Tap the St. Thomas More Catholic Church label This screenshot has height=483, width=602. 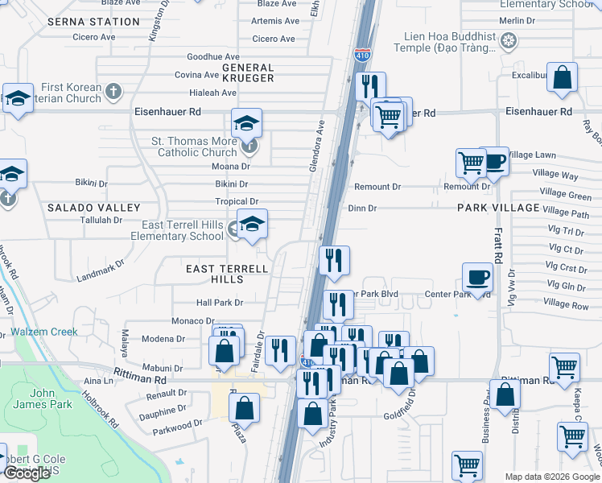[x=195, y=147]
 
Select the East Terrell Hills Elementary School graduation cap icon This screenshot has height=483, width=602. [x=252, y=224]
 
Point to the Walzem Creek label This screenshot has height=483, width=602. [x=44, y=332]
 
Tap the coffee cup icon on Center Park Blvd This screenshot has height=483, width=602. [x=478, y=277]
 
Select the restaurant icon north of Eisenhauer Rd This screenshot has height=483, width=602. [x=370, y=86]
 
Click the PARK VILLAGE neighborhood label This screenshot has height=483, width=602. [x=497, y=208]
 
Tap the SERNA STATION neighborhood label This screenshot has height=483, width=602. [x=93, y=22]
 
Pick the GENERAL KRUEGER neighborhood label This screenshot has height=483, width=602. [x=248, y=73]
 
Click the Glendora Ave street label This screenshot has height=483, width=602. [x=315, y=146]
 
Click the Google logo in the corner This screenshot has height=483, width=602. [x=27, y=473]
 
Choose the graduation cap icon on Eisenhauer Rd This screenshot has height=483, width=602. [x=246, y=123]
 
